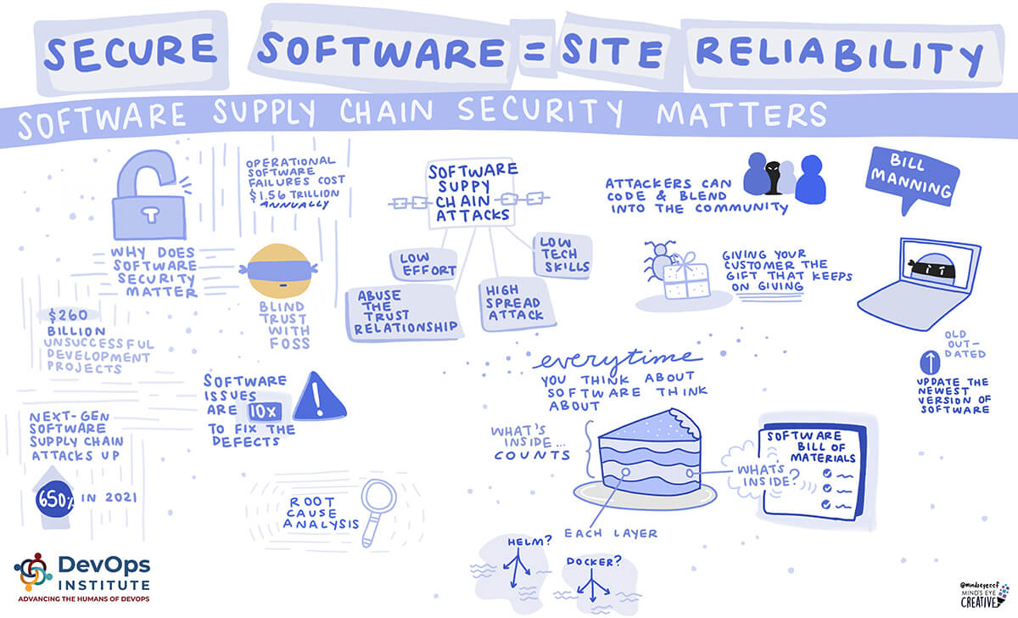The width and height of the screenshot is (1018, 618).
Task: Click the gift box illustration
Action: pyautogui.click(x=685, y=274)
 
